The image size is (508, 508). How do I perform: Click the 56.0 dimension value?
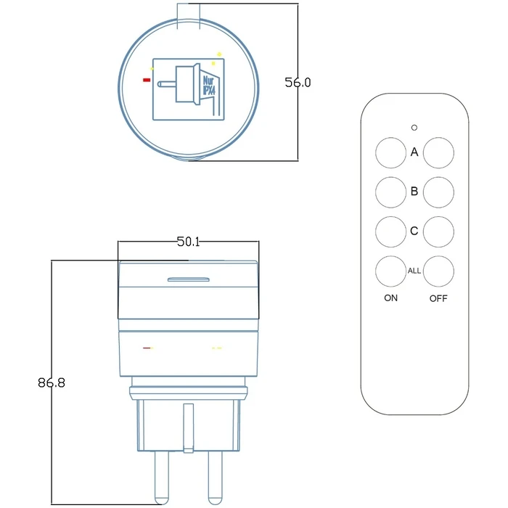pos(298,83)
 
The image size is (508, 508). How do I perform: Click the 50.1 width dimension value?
pos(188,242)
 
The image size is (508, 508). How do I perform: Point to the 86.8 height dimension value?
pos(52,382)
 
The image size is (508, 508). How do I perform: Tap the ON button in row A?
pos(390,153)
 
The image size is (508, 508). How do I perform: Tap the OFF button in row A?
pos(439,153)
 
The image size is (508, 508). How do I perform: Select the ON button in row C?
pos(390,232)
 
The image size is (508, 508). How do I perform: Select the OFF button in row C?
pos(439,232)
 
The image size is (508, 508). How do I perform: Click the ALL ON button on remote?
pos(390,271)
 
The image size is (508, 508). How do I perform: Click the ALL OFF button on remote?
pos(439,271)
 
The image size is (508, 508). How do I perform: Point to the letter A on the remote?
pos(414,152)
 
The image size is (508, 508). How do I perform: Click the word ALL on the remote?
pos(414,271)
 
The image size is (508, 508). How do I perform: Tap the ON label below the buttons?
pos(390,298)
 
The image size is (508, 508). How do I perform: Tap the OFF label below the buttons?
pos(438,298)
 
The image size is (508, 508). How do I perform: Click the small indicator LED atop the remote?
pos(414,128)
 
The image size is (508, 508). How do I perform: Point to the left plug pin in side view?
pos(160,475)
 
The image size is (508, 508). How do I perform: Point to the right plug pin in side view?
pos(214,475)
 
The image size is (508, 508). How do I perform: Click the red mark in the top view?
pos(147,80)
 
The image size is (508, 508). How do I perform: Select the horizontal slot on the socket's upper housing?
pos(188,278)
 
